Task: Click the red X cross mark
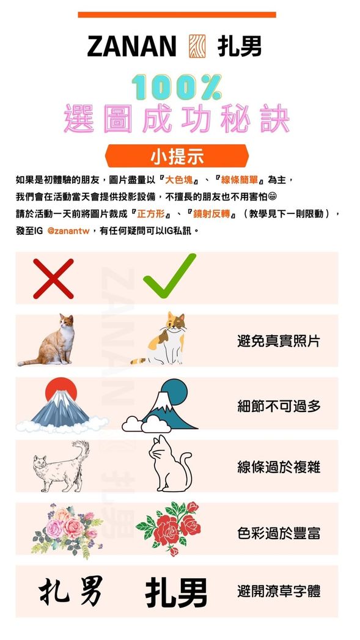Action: pos(53,279)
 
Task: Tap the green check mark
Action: pos(169,276)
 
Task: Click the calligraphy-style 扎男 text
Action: pos(70,590)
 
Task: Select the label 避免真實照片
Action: pos(278,341)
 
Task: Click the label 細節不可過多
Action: pos(278,405)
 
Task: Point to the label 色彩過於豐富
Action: pos(278,532)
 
